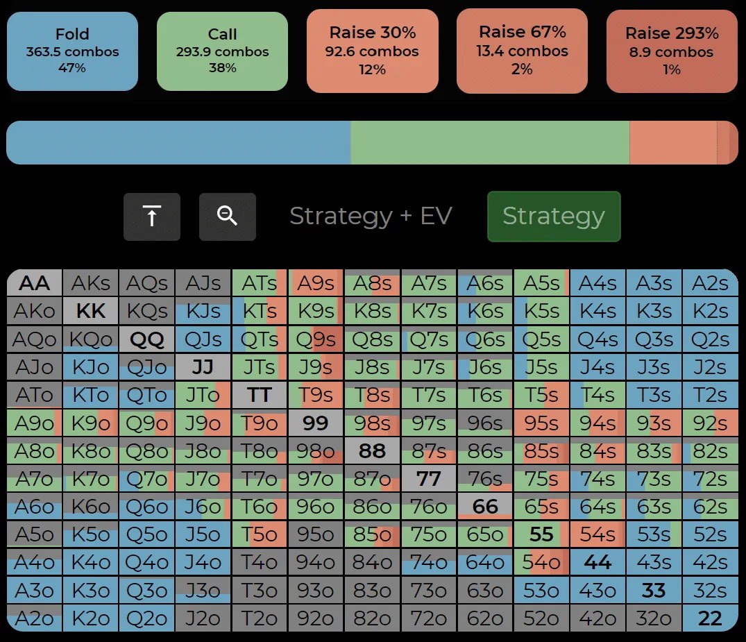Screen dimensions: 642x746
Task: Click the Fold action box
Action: [x=72, y=51]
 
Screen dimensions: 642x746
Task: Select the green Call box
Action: [x=222, y=51]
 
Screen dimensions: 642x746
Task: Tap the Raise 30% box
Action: [x=373, y=51]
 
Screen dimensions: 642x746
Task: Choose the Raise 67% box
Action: [x=522, y=51]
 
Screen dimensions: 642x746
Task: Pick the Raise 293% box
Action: [x=672, y=51]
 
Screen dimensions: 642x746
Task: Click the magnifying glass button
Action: [x=227, y=217]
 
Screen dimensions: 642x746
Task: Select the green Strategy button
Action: [x=553, y=217]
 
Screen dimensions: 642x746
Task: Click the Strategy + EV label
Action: [x=371, y=217]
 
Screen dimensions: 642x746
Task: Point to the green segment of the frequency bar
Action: [x=489, y=143]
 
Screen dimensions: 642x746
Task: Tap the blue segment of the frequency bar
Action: [x=178, y=143]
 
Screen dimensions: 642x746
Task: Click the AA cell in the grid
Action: [x=35, y=283]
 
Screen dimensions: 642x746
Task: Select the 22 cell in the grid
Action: [x=710, y=618]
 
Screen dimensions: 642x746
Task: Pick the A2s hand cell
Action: [x=710, y=283]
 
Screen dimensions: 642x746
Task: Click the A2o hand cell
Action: [x=35, y=618]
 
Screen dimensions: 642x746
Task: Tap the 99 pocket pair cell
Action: [x=316, y=423]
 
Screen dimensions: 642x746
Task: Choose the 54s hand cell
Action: [x=597, y=534]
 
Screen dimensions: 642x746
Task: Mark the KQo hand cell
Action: [x=91, y=339]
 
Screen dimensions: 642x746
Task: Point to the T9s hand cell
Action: [x=316, y=395]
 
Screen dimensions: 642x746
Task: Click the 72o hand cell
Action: [x=429, y=618]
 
